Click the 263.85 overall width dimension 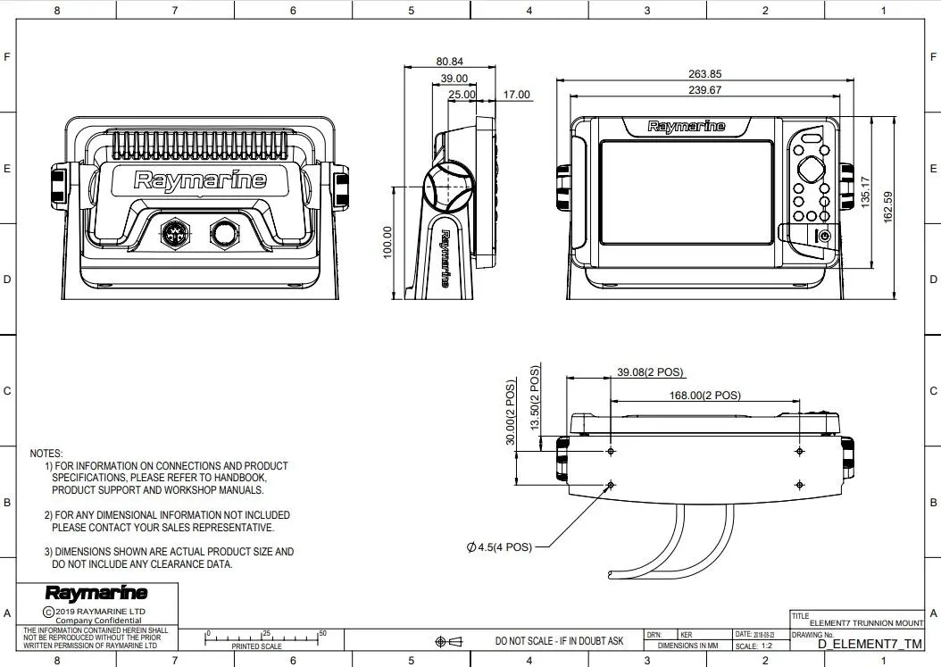point(704,74)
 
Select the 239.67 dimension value point(704,89)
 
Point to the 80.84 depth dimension point(449,62)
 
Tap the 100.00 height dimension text point(387,242)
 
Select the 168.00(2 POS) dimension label point(704,395)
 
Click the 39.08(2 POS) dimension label point(650,372)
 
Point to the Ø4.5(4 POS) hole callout point(499,547)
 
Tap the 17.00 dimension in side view point(516,95)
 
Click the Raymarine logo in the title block point(96,593)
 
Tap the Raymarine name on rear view point(200,180)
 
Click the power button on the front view point(824,236)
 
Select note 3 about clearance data point(170,558)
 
